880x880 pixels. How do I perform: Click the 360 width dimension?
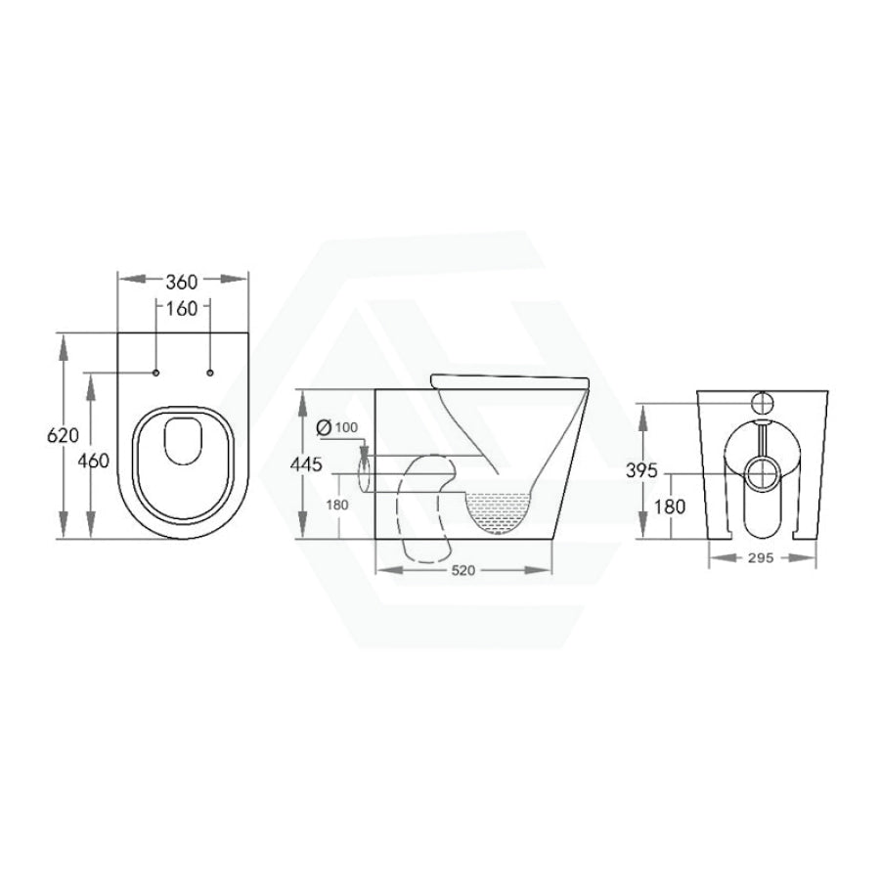coord(182,282)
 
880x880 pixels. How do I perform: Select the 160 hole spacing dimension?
coord(183,308)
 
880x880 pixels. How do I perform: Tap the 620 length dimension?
coord(63,435)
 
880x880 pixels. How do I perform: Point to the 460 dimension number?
coord(93,461)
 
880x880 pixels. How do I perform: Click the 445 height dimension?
coord(306,464)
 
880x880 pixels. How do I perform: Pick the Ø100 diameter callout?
coord(336,427)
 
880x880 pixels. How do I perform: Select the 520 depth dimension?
coord(463,570)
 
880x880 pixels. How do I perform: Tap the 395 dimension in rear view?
coord(641,470)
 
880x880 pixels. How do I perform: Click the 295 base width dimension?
coord(761,558)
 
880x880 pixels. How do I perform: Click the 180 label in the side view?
coord(337,505)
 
